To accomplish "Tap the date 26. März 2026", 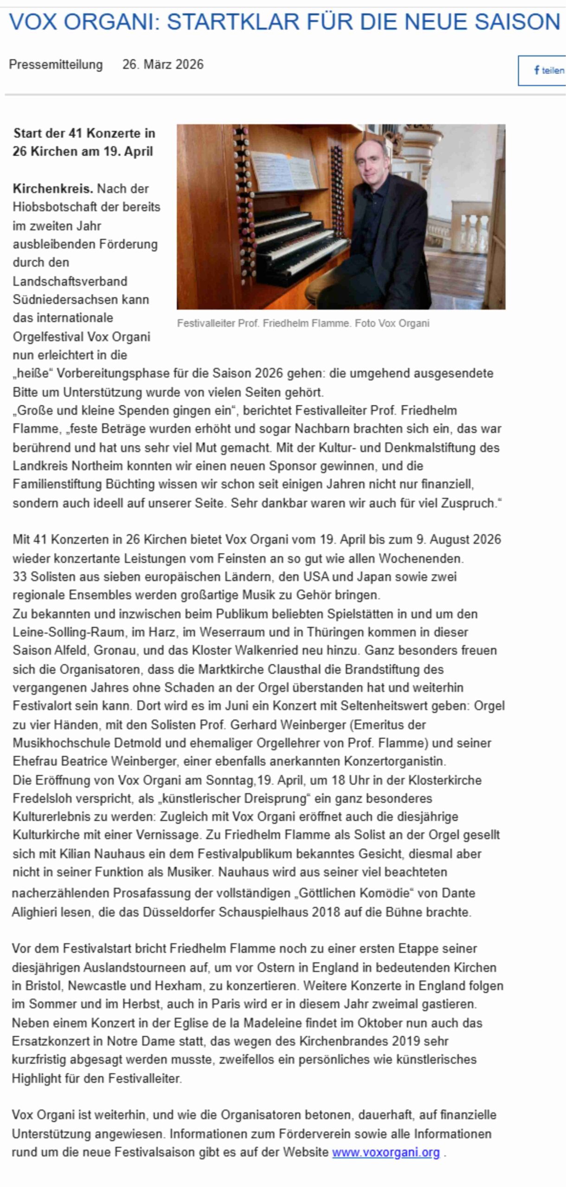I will [163, 64].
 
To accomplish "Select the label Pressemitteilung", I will [56, 64].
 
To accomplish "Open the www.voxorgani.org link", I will [386, 1152].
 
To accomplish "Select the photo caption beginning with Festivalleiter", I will [303, 323].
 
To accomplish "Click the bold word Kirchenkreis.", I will [53, 189].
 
